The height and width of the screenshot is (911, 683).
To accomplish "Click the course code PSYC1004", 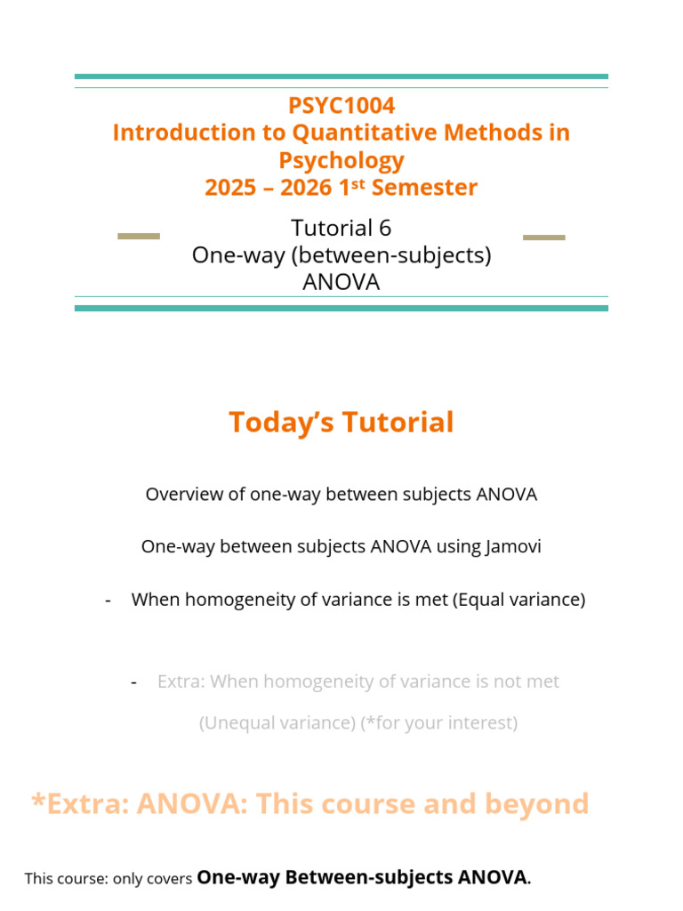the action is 341,105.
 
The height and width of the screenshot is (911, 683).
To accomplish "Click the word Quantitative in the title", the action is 365,133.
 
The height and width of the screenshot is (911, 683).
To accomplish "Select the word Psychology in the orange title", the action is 341,160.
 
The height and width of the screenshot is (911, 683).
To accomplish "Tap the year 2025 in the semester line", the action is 230,188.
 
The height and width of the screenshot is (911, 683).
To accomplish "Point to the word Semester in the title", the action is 424,188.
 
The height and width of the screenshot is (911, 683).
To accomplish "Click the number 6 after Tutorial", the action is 385,228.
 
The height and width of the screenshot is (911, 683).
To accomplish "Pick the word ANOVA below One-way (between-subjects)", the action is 341,282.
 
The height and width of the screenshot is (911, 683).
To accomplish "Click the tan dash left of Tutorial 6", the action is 139,236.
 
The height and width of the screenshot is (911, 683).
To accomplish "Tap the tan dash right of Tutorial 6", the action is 544,237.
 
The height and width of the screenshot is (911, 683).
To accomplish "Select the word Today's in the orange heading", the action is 282,423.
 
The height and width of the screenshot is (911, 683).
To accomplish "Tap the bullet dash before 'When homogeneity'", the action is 108,601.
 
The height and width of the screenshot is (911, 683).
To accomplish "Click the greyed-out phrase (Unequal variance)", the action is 277,723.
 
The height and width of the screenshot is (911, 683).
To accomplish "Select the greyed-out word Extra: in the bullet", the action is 181,681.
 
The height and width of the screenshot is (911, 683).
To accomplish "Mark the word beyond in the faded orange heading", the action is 537,804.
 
